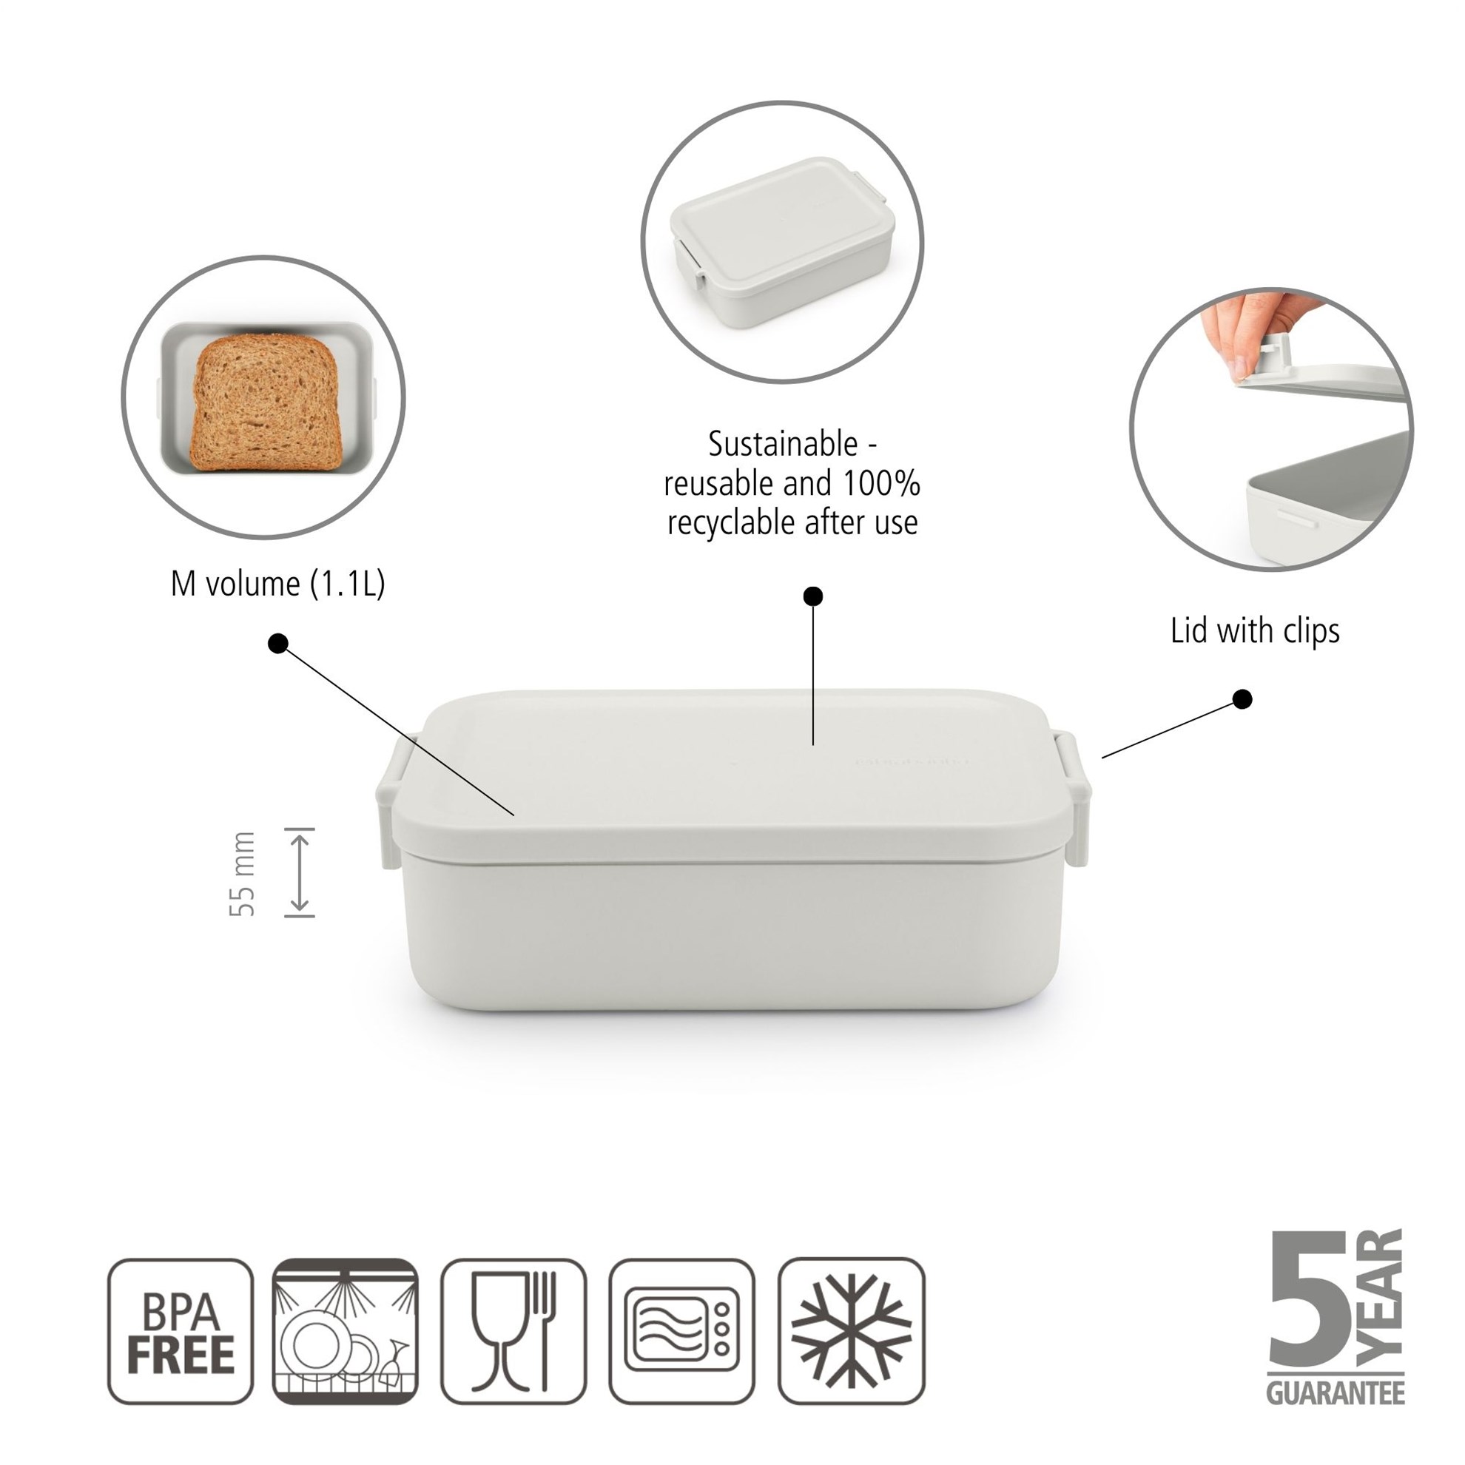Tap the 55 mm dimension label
pos(243,875)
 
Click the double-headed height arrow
pos(300,872)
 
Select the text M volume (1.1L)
pos(277,584)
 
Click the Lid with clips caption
pos(1255,631)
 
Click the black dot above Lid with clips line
pos(1242,699)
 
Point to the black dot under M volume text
pos(278,644)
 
